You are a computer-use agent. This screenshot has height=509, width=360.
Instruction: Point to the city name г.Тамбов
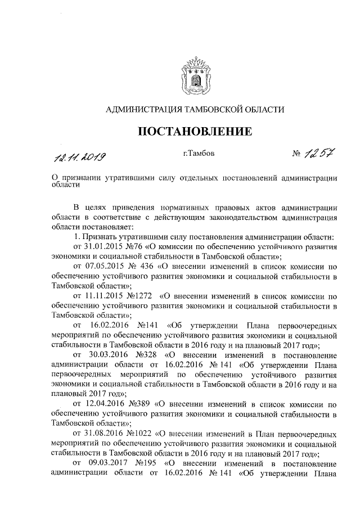[199, 153]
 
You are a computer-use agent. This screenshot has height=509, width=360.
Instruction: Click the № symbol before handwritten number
[297, 154]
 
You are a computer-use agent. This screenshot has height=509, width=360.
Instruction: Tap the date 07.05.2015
[103, 267]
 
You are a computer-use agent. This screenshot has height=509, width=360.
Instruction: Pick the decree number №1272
[138, 297]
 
